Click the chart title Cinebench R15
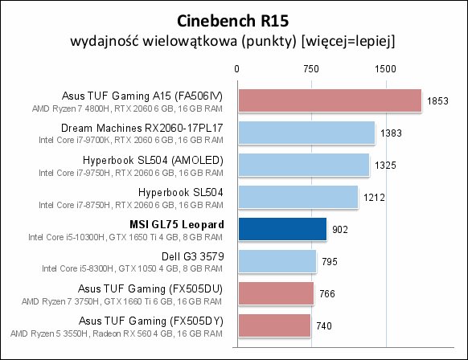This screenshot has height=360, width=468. coord(233,21)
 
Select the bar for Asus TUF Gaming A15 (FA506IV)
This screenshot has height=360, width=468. coord(330,100)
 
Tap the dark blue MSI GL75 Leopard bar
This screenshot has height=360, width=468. coord(282,229)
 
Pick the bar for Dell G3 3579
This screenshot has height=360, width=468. coord(277,261)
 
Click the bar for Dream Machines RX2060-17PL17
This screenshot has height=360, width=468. coord(306,133)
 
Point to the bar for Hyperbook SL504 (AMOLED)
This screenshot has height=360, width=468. coord(303,165)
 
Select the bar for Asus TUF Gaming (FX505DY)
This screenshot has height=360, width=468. coord(274,325)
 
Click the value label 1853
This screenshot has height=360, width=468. coord(437,101)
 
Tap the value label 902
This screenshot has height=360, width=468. coord(340,229)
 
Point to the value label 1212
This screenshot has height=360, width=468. coord(374,198)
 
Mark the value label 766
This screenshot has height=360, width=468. coord(327,294)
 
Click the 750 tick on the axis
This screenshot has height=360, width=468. coord(311,69)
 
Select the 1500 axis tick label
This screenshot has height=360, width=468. coord(385,69)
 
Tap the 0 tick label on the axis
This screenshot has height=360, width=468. coord(236,69)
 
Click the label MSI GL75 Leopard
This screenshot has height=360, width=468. coord(177,224)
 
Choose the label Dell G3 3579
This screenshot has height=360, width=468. coord(192,256)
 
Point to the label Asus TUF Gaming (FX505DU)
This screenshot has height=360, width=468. coord(150,288)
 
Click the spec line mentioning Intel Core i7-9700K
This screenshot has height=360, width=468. coord(131,140)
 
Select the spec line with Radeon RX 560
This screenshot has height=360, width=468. coord(117,333)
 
